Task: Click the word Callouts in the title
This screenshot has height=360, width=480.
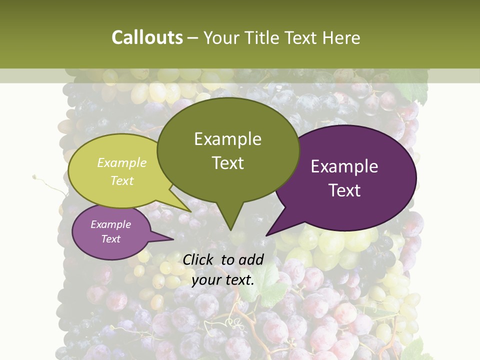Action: [147, 37]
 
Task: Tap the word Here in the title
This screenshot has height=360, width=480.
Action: [341, 37]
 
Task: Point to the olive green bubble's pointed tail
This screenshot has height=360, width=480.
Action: [230, 220]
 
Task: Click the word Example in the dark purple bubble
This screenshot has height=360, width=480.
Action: [344, 166]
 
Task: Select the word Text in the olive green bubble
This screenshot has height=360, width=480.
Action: [228, 163]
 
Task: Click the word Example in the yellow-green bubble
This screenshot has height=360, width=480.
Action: [122, 163]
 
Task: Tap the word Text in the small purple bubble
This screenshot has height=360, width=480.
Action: [111, 239]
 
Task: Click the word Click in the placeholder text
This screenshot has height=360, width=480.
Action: [199, 259]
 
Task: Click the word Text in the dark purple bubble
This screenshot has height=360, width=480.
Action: [345, 190]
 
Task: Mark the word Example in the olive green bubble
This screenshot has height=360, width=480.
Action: [228, 139]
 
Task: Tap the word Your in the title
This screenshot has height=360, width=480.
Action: [222, 37]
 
